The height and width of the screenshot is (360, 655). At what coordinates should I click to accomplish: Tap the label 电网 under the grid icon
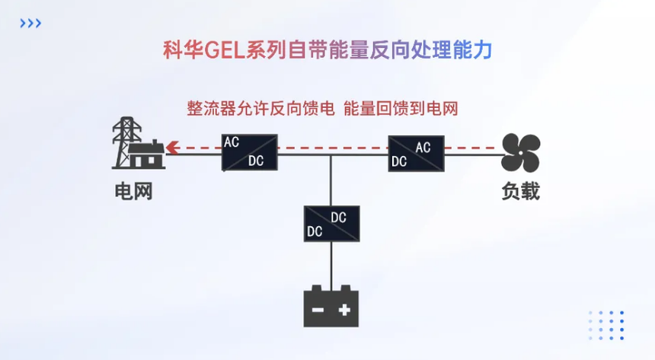(x=134, y=191)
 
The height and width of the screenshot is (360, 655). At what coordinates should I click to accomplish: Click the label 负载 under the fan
(x=520, y=191)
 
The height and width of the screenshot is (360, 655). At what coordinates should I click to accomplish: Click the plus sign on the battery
(x=345, y=310)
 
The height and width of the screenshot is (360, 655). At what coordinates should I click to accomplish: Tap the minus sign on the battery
(x=318, y=310)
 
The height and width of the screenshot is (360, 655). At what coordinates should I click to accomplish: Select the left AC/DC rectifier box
(x=249, y=152)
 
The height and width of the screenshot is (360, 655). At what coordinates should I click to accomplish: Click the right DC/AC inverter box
(x=416, y=152)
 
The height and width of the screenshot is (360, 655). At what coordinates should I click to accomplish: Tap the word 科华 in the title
(x=180, y=50)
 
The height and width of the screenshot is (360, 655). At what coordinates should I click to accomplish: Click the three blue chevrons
(x=30, y=24)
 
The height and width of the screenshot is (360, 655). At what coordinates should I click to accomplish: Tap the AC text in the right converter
(x=423, y=147)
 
